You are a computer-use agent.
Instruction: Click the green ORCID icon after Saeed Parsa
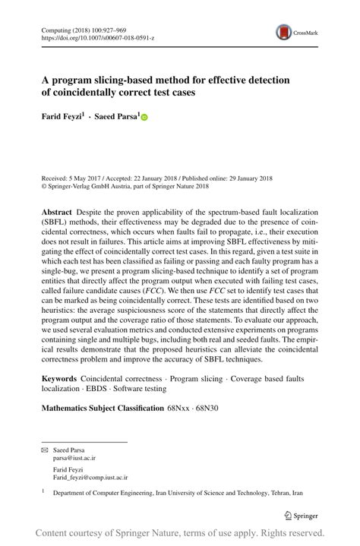point(144,118)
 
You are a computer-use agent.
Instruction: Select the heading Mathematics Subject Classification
point(101,409)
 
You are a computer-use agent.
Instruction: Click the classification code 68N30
point(205,409)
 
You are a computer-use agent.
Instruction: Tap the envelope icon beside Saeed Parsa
point(45,450)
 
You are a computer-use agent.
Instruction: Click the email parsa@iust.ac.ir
point(74,459)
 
